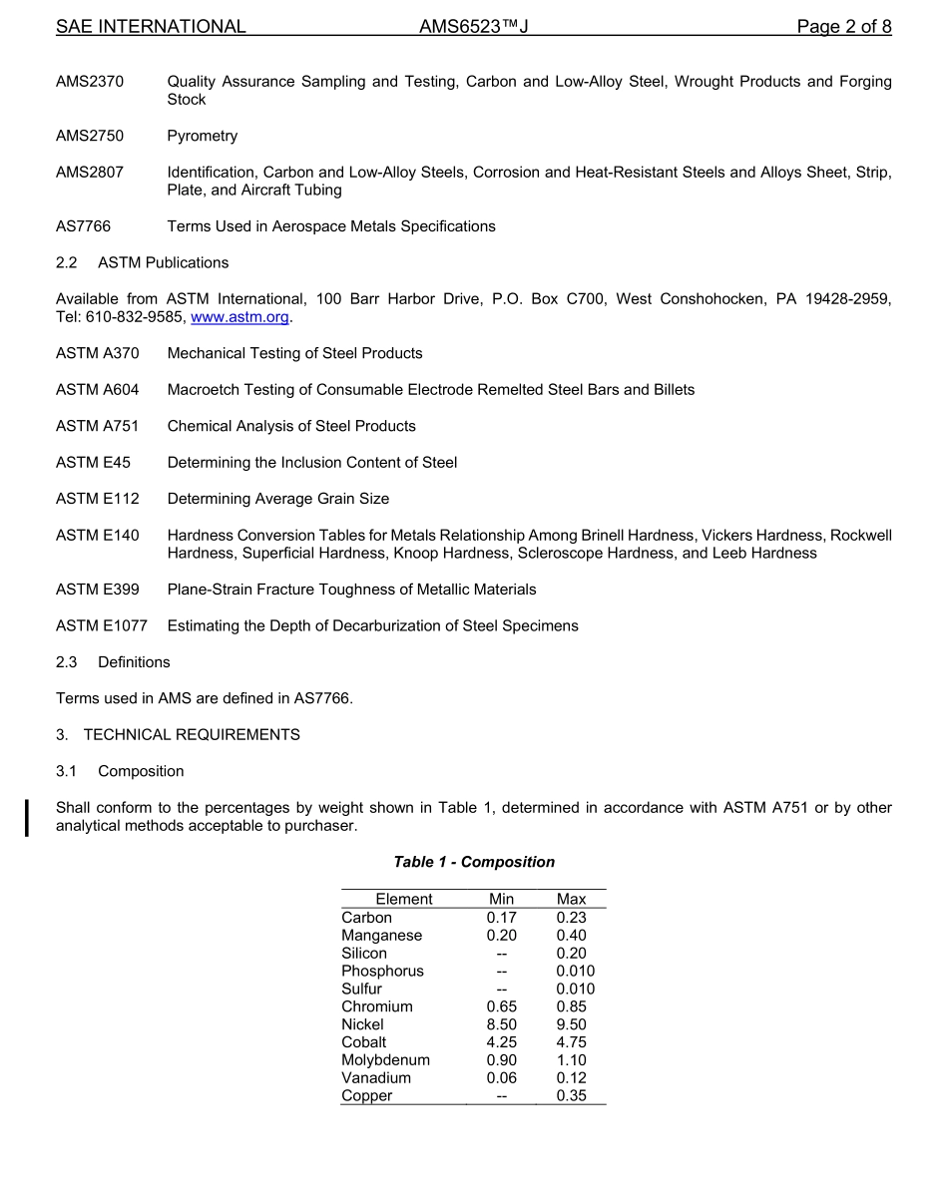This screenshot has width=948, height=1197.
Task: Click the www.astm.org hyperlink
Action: click(239, 317)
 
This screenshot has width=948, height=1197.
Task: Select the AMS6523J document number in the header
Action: click(473, 27)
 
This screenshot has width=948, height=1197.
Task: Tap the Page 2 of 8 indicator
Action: click(843, 27)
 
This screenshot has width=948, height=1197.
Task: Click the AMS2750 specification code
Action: click(90, 136)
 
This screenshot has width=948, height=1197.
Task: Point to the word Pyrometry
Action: click(203, 136)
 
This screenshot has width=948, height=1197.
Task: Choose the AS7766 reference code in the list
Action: click(84, 226)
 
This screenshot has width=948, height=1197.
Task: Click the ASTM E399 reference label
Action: click(98, 590)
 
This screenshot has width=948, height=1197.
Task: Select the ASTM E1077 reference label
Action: click(102, 625)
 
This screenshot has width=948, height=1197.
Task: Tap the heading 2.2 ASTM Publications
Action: click(143, 262)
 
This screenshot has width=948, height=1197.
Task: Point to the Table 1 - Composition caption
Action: click(474, 862)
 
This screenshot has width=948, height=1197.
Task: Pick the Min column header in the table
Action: click(502, 899)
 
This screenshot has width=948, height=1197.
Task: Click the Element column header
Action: click(404, 899)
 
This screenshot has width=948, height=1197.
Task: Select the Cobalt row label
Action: click(364, 1042)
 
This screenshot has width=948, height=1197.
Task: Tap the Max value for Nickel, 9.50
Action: click(572, 1024)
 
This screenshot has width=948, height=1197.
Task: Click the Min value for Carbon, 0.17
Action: click(502, 918)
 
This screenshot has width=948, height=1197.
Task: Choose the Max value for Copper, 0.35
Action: click(572, 1095)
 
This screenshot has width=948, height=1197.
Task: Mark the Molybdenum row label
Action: click(386, 1060)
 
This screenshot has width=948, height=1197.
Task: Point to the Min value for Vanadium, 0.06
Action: click(502, 1077)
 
